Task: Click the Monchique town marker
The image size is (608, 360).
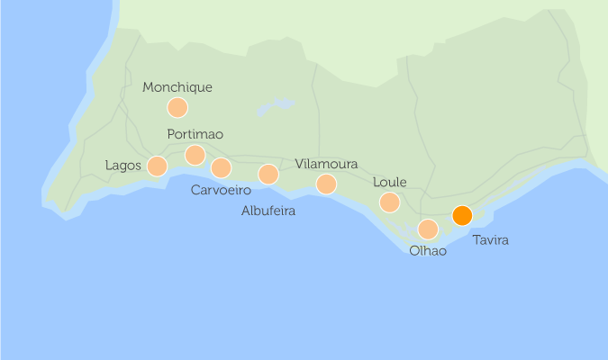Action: click(177, 108)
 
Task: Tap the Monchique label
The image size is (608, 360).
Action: click(177, 87)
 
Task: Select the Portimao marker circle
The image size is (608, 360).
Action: click(195, 156)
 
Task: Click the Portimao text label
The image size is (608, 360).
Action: click(195, 134)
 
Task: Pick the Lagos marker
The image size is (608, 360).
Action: click(157, 166)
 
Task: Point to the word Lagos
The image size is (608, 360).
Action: click(123, 166)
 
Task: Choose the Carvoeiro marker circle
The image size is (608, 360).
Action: click(221, 168)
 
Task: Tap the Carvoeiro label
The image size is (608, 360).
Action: click(221, 190)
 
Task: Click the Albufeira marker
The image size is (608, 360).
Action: click(268, 175)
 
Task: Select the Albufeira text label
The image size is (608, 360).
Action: click(268, 211)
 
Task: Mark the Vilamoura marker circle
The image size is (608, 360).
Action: click(326, 184)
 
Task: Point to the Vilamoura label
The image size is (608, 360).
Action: click(326, 164)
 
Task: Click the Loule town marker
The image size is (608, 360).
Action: click(389, 202)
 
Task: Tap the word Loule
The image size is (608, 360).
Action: click(389, 182)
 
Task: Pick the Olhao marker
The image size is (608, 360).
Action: click(428, 229)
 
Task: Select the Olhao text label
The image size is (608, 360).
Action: click(428, 251)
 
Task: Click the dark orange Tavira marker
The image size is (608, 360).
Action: click(462, 216)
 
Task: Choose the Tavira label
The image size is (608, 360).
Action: click(490, 240)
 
